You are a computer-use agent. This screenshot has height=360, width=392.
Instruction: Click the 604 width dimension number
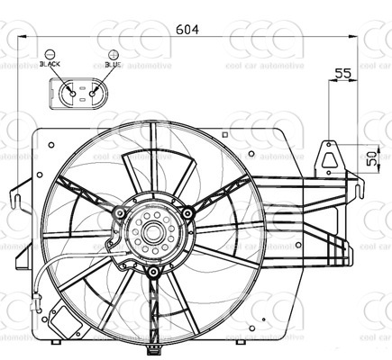pyautogui.click(x=187, y=29)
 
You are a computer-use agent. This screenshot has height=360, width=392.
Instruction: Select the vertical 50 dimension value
pyautogui.click(x=371, y=158)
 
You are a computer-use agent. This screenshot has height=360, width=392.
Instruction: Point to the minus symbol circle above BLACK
pyautogui.click(x=50, y=54)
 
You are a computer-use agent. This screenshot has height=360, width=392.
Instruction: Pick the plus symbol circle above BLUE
pyautogui.click(x=112, y=54)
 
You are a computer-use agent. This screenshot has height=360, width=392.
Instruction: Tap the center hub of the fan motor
pyautogui.click(x=150, y=236)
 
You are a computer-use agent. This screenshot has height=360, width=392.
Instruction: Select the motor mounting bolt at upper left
pyautogui.click(x=117, y=212)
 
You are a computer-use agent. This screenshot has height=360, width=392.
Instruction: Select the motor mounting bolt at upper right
pyautogui.click(x=186, y=213)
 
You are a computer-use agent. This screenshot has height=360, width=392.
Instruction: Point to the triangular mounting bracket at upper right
pyautogui.click(x=333, y=158)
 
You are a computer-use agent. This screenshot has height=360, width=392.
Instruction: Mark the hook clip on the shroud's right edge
pyautogui.click(x=358, y=190)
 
